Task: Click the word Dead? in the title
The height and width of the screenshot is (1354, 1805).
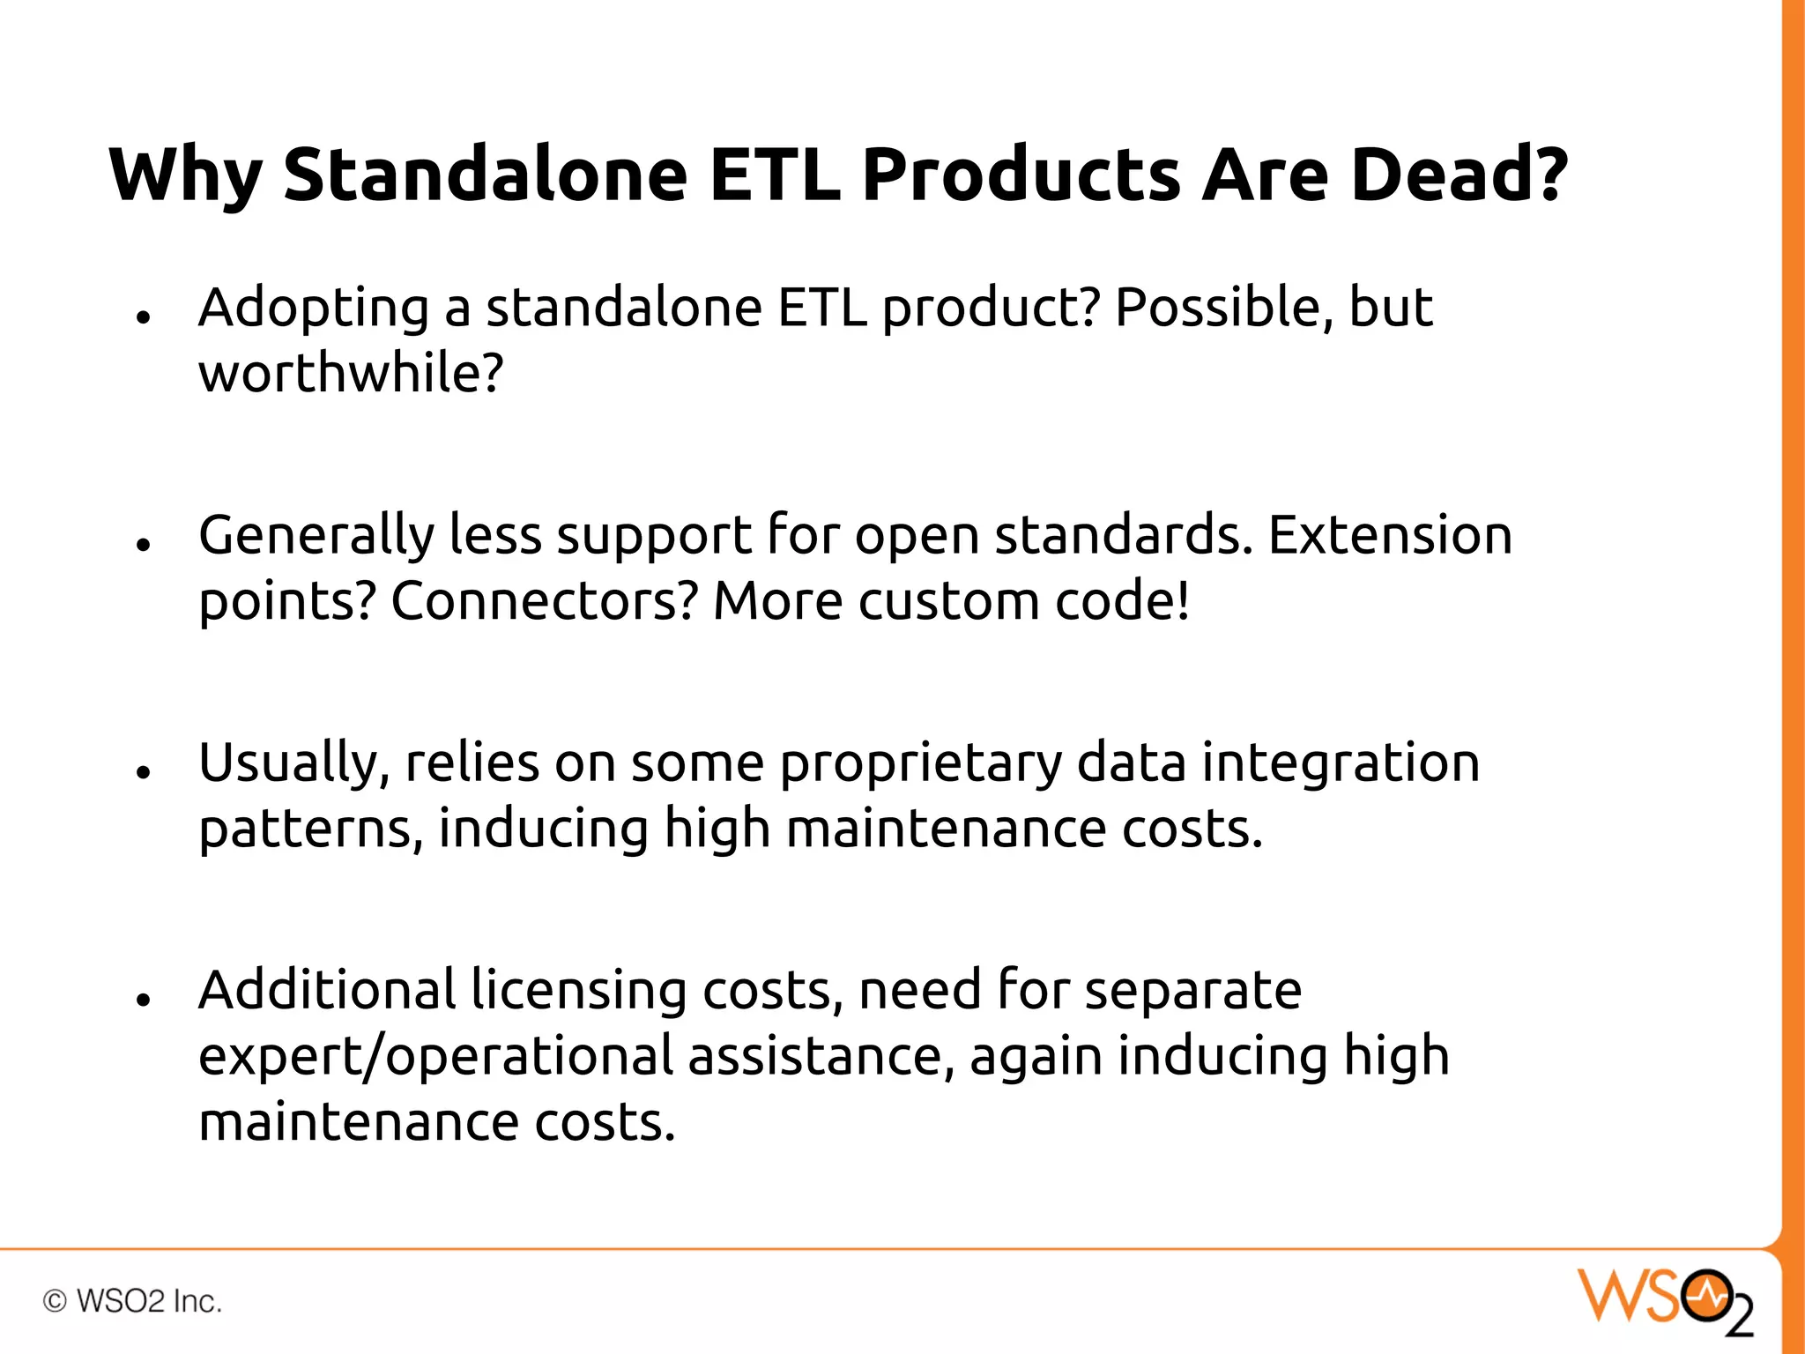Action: point(1459,174)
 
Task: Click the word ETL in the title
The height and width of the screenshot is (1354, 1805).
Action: point(774,174)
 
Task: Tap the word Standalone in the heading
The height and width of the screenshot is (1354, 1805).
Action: point(485,174)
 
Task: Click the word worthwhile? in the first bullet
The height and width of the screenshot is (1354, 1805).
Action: point(351,373)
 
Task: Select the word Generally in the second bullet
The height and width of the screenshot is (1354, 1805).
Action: point(316,537)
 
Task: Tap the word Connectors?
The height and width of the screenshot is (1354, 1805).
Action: point(544,601)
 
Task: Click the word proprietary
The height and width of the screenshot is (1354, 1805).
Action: point(920,764)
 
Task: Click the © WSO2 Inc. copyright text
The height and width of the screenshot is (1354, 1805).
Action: point(132,1301)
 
